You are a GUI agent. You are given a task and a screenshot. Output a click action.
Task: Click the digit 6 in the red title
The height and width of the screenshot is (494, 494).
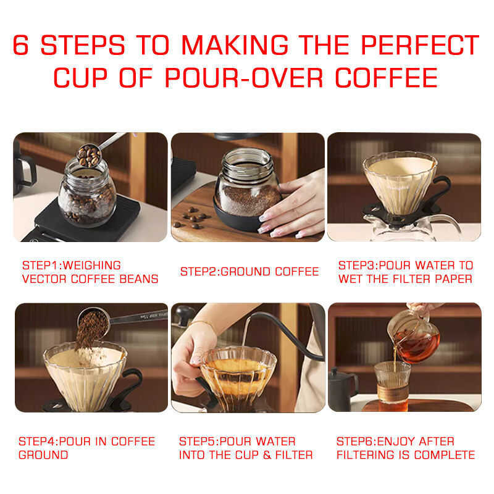[21, 44]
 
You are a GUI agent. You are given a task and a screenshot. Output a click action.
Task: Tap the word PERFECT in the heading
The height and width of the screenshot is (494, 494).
[420, 44]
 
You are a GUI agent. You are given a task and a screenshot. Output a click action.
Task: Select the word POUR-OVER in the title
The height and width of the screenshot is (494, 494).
[244, 78]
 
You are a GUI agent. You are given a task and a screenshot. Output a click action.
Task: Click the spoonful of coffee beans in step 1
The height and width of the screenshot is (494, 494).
[89, 155]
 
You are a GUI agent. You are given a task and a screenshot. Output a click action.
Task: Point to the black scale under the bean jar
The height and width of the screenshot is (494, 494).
[85, 220]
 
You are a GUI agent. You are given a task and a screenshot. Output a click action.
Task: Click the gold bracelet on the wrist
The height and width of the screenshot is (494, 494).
[203, 324]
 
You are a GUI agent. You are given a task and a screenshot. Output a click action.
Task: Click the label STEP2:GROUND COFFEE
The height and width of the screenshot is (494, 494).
[249, 272]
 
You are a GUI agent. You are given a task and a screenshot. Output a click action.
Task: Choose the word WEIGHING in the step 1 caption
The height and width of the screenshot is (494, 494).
[91, 266]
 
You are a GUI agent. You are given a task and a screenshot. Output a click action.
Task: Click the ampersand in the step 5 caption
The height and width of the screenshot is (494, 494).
[267, 455]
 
